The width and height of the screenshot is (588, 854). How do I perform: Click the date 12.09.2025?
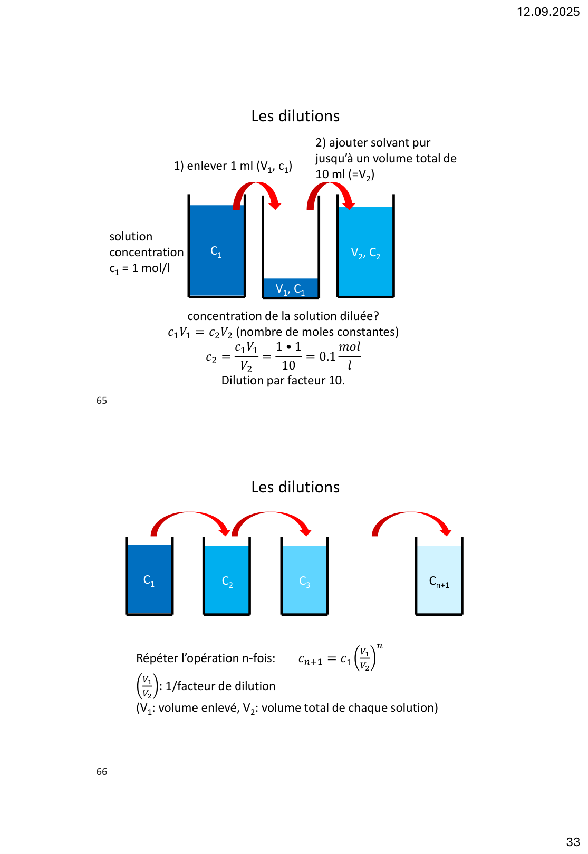point(548,12)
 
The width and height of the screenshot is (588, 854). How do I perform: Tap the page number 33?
point(573,842)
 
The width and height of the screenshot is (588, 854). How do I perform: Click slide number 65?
point(102,401)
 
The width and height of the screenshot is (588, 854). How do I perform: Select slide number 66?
point(102,772)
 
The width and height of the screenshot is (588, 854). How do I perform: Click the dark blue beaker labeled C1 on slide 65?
point(217,251)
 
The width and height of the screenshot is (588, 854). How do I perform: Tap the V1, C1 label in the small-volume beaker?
point(290,289)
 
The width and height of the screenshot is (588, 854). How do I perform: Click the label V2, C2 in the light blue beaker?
point(365,253)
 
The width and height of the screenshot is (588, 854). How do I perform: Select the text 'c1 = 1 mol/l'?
point(140,268)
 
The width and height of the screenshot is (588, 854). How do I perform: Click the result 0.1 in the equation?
point(327,357)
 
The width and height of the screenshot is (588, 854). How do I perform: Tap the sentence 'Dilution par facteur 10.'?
point(283,381)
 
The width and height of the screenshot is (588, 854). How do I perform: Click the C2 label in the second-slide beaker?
point(227,581)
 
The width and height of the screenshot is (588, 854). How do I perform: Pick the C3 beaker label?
point(305,581)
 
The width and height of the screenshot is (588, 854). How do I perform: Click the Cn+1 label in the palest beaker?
point(439,581)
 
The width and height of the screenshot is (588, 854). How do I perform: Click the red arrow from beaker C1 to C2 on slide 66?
point(190,519)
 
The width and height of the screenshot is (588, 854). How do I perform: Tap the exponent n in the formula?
point(379,646)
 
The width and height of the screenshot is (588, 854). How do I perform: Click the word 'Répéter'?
point(157,658)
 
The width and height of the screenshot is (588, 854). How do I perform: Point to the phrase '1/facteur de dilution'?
point(220,686)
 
